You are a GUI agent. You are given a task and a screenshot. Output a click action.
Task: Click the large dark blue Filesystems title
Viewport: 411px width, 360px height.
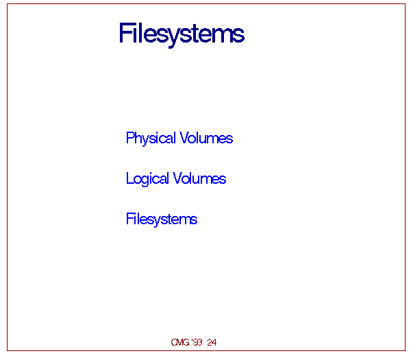182,34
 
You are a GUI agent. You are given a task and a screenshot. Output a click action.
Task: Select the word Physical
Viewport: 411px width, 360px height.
151,138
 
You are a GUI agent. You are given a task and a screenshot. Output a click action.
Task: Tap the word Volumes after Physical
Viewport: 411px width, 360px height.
206,138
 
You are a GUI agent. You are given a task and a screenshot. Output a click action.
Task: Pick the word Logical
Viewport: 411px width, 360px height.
147,179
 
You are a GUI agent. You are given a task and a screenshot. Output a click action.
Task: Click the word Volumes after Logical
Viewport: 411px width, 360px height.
199,178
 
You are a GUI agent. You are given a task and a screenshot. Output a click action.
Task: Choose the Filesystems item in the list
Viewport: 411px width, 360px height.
162,219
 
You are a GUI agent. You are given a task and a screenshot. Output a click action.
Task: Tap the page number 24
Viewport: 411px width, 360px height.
212,342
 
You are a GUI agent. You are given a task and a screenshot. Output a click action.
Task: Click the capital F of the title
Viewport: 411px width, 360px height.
124,32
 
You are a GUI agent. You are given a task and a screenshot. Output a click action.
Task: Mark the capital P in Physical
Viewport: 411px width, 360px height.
130,137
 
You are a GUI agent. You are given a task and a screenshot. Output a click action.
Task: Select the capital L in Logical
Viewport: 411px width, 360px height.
129,178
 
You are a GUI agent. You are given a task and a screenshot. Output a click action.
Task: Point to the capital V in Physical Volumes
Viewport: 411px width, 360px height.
184,137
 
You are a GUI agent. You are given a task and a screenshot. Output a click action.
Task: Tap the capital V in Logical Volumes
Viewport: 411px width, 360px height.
177,178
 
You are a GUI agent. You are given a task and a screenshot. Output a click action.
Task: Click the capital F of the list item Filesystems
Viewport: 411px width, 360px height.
130,219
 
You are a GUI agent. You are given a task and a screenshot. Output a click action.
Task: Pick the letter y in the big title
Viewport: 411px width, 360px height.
173,38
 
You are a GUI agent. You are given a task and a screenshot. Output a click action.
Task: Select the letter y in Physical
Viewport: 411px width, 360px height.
147,140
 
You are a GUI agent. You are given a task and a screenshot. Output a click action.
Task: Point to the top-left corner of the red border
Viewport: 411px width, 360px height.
7,4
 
